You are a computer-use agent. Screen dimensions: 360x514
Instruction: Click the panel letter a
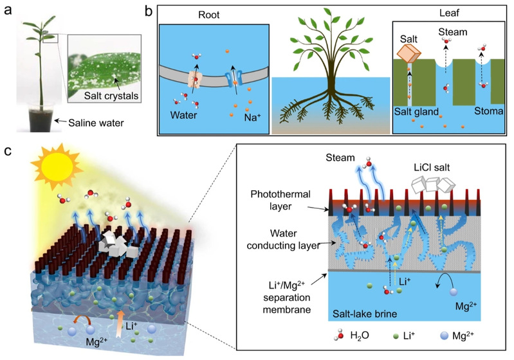tap(8, 11)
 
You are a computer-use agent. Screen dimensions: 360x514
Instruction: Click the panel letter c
tap(8, 152)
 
